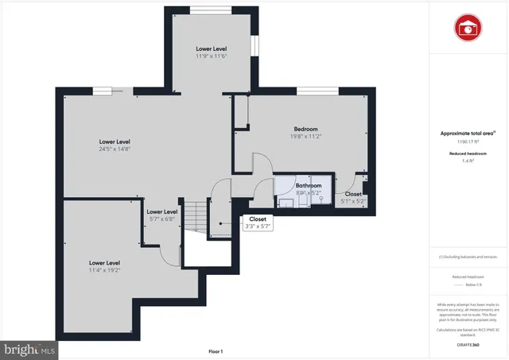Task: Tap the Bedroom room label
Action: (x=306, y=129)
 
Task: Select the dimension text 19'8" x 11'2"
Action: (x=306, y=136)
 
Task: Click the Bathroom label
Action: (x=309, y=185)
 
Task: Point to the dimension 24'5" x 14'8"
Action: (x=115, y=149)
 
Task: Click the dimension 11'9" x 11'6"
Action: (x=212, y=56)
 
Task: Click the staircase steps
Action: (x=195, y=215)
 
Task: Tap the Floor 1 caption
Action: (x=216, y=351)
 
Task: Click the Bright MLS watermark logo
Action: (x=30, y=348)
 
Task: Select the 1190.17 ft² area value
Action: (x=468, y=141)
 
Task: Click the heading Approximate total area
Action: (x=468, y=133)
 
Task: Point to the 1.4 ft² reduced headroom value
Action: (x=468, y=161)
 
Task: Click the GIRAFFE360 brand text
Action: (x=468, y=345)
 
